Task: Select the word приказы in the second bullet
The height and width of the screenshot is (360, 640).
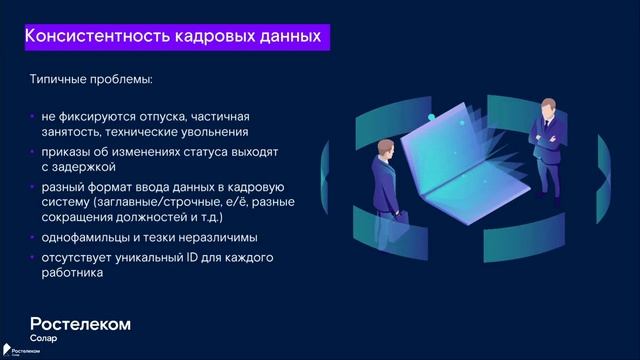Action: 66,152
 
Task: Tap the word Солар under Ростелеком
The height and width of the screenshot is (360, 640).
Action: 44,338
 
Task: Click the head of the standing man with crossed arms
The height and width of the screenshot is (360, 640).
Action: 547,106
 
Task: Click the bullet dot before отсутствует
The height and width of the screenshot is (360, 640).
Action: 33,257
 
